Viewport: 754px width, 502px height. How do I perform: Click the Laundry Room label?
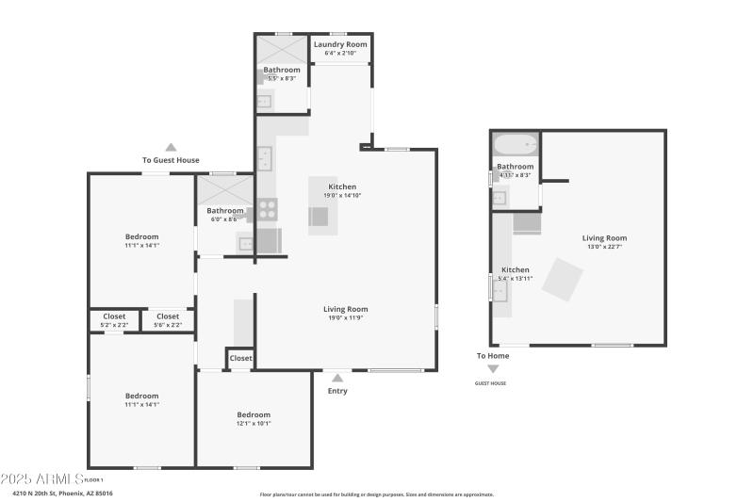coord(340,44)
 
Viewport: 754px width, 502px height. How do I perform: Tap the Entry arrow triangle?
coord(337,378)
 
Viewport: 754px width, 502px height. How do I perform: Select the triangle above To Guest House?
coord(171,147)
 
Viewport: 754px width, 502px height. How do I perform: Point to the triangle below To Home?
coord(493,369)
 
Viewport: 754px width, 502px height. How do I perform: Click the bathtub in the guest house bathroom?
coord(515,146)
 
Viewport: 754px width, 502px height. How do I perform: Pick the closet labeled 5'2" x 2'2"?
coord(114,320)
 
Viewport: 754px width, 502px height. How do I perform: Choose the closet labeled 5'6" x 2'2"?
coord(168,320)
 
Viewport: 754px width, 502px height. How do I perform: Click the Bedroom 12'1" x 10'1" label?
coord(254,419)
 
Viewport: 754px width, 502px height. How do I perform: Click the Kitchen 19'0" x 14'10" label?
coord(342,190)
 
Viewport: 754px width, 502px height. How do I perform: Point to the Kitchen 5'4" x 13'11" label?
coord(516,274)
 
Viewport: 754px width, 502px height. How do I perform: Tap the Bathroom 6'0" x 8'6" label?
coord(225,215)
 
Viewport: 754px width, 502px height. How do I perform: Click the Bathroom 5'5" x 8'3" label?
coord(282,73)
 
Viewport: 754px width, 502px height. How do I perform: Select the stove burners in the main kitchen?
coord(269,209)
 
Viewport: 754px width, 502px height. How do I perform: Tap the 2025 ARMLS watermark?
coord(42,478)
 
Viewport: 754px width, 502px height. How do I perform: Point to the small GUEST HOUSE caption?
coord(490,383)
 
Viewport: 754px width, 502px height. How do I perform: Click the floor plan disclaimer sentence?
coord(376,494)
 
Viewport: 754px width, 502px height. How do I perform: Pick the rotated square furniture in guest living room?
coord(563,281)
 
